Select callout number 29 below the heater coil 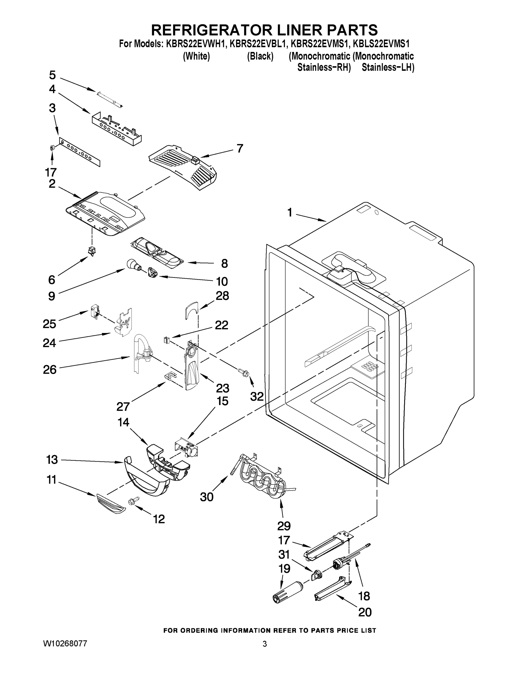point(284,526)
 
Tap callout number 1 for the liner point(290,213)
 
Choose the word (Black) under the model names point(260,56)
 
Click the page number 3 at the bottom point(265,644)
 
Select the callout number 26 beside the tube point(50,369)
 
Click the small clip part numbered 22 point(167,340)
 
